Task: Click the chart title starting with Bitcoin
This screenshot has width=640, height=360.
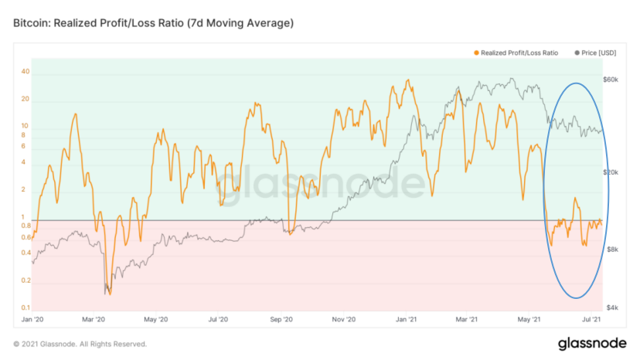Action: point(153,24)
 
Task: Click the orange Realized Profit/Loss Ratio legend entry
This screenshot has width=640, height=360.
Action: point(517,53)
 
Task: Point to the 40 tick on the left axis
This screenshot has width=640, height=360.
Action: point(26,72)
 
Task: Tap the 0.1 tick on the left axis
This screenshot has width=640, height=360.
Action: point(26,308)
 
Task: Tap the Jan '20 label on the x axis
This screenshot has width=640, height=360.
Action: point(32,319)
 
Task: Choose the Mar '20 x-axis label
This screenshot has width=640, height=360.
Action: point(94,319)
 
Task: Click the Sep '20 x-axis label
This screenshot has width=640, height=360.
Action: point(282,319)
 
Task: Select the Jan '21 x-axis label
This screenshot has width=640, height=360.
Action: point(407,319)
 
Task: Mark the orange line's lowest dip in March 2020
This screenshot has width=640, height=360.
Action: point(109,294)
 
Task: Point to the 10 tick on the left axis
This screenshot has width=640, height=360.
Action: point(26,126)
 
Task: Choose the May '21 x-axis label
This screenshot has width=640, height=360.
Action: point(531,319)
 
